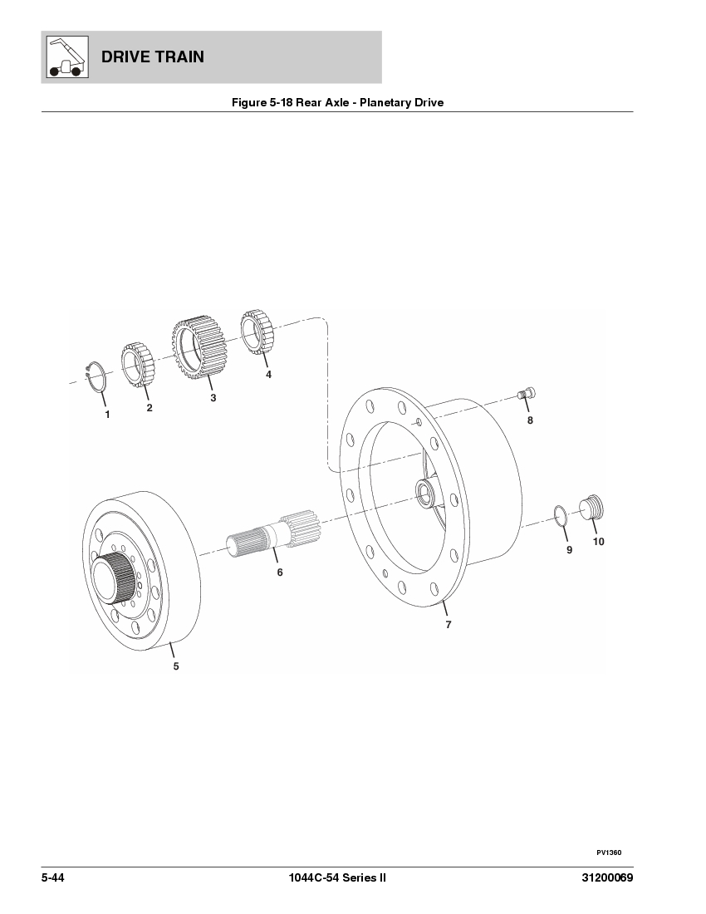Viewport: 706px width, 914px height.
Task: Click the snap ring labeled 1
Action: point(97,377)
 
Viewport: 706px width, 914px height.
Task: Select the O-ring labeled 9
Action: point(560,515)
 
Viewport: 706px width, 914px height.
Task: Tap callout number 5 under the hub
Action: point(175,666)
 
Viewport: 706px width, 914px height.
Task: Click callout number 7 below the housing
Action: point(449,625)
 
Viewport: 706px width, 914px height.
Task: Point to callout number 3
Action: point(213,399)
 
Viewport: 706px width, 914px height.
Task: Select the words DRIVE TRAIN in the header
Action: point(152,57)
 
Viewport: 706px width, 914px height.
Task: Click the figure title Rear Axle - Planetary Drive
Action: point(337,103)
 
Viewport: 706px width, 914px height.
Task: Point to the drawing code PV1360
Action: point(608,853)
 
